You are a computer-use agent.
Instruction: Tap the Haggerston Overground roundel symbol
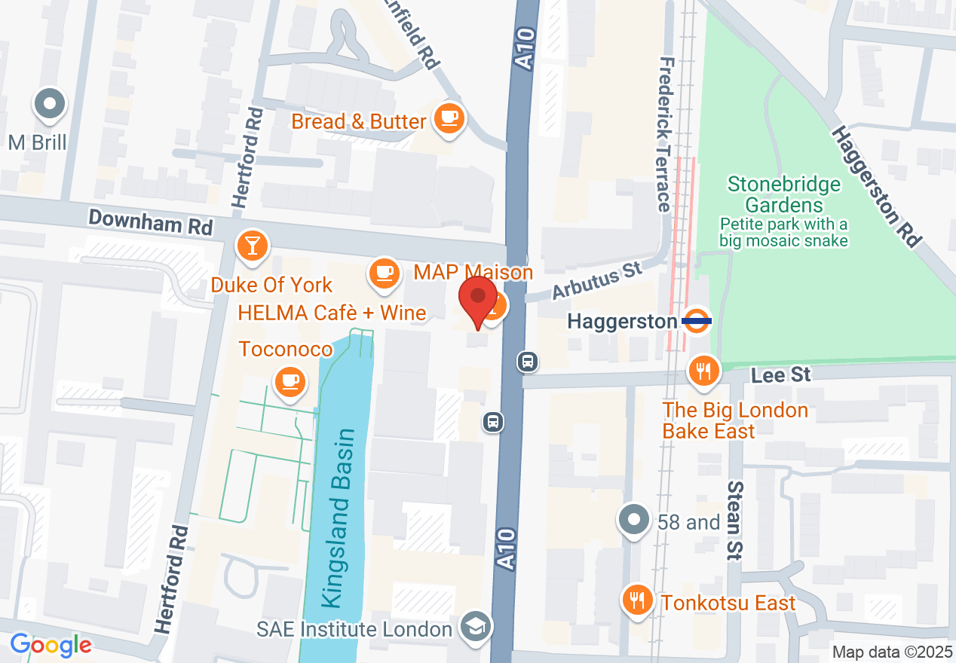pos(697,320)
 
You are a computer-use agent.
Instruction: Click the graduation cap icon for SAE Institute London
pos(476,628)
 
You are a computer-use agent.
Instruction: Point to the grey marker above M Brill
pos(51,105)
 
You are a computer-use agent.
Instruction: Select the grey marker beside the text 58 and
pos(634,520)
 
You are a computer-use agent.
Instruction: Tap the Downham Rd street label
pos(151,222)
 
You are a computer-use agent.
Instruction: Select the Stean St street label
pos(734,520)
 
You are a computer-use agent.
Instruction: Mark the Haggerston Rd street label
pos(876,185)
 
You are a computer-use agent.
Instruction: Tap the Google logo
pos(51,645)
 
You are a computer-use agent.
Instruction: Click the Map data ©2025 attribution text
pos(890,651)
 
